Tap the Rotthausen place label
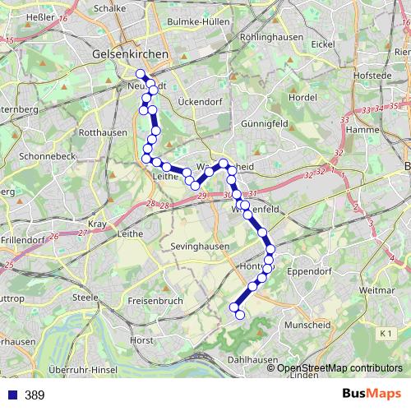[102, 132]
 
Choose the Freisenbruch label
[156, 300]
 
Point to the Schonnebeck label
[48, 155]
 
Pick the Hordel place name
[303, 97]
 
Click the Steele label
[85, 297]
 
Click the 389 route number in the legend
[35, 395]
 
